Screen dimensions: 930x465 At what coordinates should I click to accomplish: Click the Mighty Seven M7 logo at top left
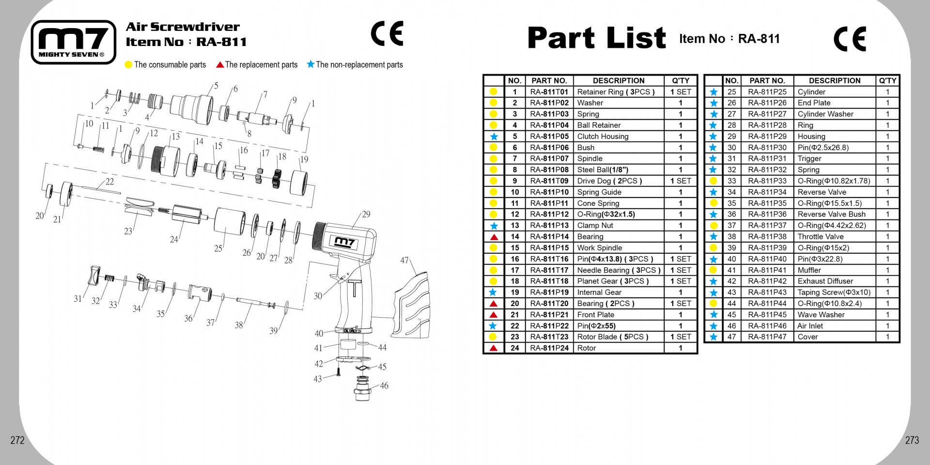tap(74, 42)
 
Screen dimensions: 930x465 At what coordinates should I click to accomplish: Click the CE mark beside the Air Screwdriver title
tap(387, 33)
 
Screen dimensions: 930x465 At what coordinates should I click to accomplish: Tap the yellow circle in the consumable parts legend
tap(128, 65)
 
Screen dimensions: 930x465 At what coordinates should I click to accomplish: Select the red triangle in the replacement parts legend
tap(220, 64)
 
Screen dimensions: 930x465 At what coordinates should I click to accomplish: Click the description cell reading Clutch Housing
tap(603, 137)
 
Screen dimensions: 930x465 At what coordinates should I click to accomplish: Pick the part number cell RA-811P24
tap(549, 348)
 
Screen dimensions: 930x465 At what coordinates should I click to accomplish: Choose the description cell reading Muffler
tap(809, 270)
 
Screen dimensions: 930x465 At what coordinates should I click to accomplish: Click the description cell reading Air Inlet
tap(810, 326)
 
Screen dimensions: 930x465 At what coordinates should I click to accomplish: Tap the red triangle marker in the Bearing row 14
tap(494, 237)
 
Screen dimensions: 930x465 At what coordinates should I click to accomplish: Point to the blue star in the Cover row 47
tap(713, 337)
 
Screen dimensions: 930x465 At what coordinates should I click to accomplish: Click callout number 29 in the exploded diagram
tap(366, 214)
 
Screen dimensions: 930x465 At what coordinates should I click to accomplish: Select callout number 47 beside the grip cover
tap(404, 261)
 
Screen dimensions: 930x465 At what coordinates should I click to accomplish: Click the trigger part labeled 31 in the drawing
tap(93, 276)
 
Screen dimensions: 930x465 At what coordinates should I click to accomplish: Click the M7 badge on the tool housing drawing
tap(345, 242)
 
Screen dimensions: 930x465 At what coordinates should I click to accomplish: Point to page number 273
tap(912, 440)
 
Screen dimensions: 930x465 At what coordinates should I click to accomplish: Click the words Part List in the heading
tap(597, 38)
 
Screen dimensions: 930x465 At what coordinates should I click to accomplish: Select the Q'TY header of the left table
tap(681, 81)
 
